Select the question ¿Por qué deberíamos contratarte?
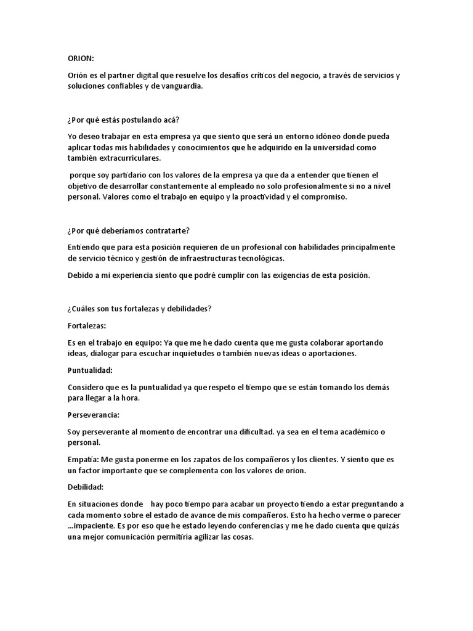129,231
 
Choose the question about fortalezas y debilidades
139,309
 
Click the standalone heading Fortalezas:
87,325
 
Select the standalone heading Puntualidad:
90,370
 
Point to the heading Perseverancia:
93,415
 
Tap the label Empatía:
82,460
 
